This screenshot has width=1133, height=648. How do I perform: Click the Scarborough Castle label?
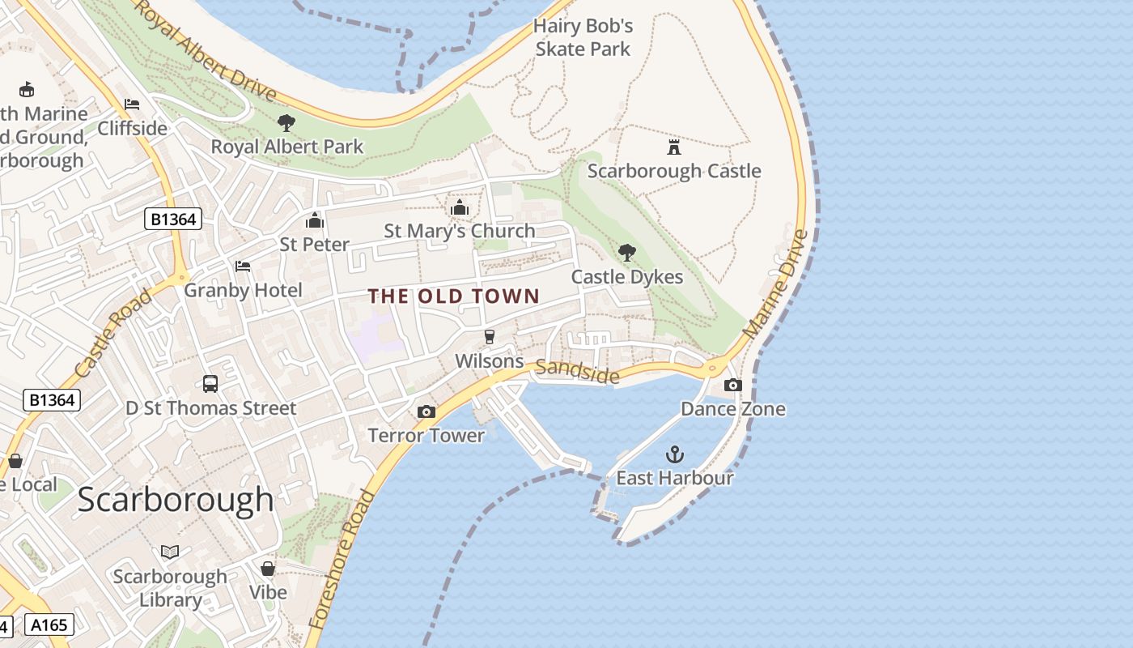coord(673,171)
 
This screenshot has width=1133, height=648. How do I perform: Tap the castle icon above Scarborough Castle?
coord(673,147)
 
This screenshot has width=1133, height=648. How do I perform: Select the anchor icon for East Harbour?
coord(674,454)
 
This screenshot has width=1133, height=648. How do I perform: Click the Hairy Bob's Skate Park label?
coord(583,37)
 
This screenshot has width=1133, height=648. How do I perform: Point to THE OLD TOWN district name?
coord(454,296)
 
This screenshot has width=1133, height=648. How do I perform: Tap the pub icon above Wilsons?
coord(489,337)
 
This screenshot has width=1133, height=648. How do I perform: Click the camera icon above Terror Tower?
coord(426,412)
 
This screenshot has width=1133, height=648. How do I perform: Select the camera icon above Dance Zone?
coord(732,385)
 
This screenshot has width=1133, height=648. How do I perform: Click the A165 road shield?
coord(49,625)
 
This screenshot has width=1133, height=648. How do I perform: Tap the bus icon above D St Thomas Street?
coord(210,384)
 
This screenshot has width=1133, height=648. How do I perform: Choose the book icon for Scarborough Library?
coord(170,552)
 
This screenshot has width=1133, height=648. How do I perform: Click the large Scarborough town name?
coord(176,499)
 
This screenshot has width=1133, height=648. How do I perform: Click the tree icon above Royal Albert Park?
coord(286,123)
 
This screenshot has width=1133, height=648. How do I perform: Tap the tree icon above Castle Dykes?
coord(626,253)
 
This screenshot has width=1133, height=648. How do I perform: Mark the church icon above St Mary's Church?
coord(460,207)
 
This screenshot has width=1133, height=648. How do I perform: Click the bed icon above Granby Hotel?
coord(243,266)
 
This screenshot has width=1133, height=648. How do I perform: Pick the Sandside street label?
coord(578,371)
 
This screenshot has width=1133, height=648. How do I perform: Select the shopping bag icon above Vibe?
coord(268,569)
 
